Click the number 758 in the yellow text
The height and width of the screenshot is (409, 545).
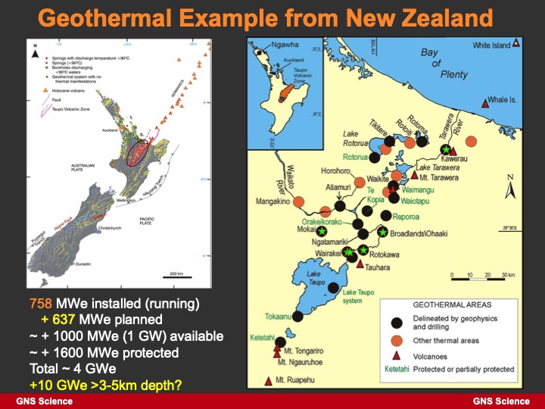pos(41,304)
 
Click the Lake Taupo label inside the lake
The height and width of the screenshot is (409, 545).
pos(315,279)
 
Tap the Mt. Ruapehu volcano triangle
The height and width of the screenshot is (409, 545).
pos(269,379)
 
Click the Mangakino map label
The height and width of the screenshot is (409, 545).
pos(272,202)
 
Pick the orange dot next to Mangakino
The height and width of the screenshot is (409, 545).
pos(299,201)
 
